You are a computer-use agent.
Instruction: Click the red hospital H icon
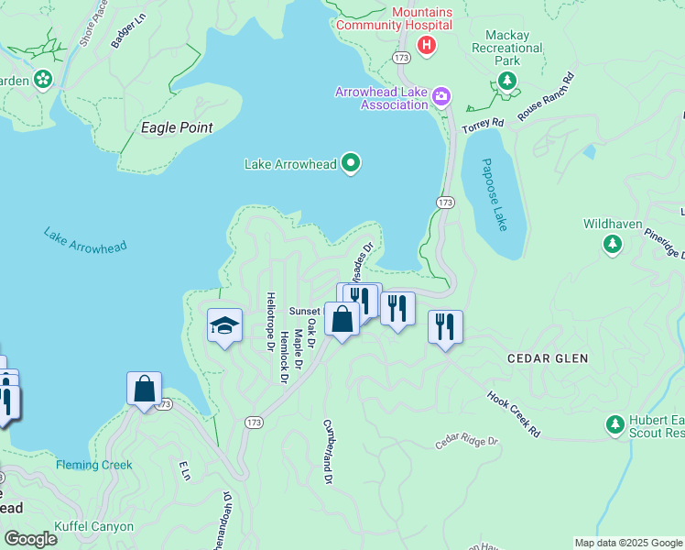425,44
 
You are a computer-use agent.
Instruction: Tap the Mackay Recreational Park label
506,48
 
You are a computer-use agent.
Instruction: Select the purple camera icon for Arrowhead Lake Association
441,96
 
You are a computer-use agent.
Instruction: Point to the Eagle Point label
177,127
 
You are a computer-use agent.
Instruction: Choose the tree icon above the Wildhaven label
613,244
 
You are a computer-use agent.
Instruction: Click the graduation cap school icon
224,325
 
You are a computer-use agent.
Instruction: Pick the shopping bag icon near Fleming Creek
145,389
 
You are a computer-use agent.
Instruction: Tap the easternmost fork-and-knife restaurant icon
445,327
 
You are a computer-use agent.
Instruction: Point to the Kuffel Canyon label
93,527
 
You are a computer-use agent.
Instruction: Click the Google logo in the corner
30,539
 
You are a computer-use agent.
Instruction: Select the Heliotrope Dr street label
270,322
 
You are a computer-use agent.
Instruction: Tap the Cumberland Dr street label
326,452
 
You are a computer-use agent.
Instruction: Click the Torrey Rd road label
483,124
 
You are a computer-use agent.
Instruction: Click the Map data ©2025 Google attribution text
627,543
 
